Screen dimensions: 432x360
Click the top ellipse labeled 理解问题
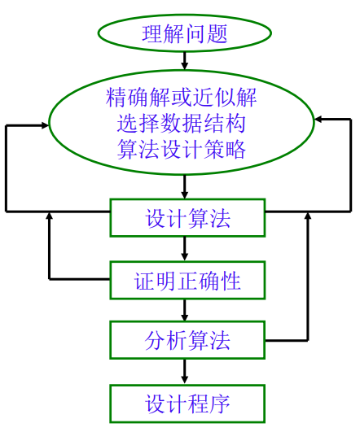point(184,33)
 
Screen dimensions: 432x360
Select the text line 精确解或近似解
point(182,98)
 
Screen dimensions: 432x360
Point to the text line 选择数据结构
point(182,124)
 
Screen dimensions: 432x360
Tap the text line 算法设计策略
point(182,151)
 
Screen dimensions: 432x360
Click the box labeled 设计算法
point(187,218)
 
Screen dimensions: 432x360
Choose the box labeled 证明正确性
point(187,281)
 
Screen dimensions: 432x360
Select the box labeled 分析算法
point(187,340)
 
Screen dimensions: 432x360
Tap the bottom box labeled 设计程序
point(187,404)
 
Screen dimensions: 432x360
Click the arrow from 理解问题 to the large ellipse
point(185,60)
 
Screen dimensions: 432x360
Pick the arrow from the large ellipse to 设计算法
point(186,187)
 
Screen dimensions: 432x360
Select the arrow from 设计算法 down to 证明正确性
point(186,249)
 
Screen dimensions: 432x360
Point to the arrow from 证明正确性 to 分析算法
point(186,311)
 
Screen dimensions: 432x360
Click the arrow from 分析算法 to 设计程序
point(186,372)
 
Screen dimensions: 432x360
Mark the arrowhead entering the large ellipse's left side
point(44,126)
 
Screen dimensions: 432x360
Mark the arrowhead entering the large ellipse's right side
point(320,119)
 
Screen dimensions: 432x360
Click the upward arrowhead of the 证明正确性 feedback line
point(50,217)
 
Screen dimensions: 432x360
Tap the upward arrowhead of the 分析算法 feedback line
point(308,216)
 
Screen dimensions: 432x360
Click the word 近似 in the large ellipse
point(218,98)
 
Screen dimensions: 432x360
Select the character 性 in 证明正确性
point(231,281)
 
